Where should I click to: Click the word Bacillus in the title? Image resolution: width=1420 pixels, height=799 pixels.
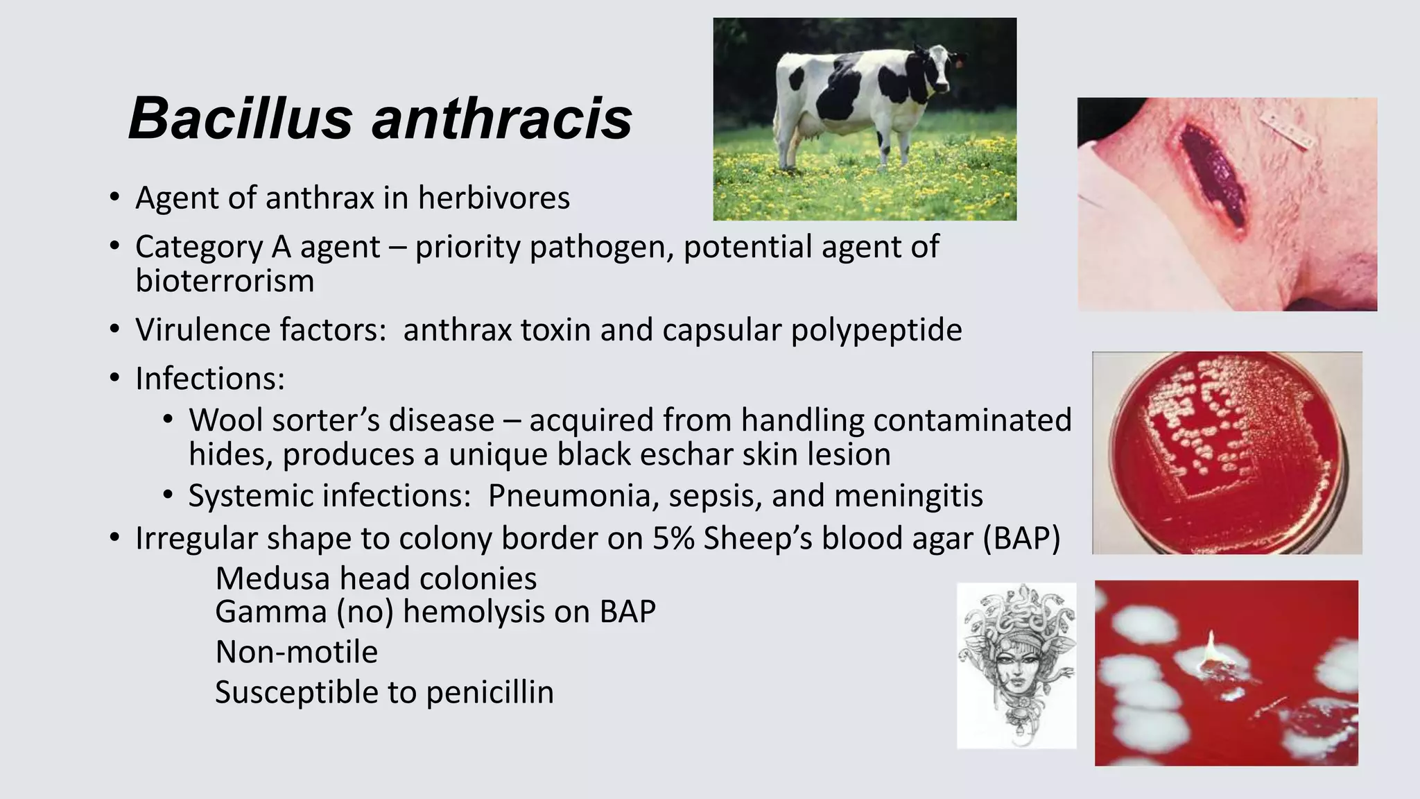click(240, 119)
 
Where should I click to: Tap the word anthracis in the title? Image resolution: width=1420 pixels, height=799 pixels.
click(502, 119)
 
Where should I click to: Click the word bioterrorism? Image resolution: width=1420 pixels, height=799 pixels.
click(225, 282)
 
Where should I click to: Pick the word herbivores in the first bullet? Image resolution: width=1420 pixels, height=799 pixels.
click(493, 198)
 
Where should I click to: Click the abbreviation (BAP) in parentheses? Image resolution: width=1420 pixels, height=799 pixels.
click(1021, 539)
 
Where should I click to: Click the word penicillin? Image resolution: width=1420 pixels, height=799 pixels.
click(490, 693)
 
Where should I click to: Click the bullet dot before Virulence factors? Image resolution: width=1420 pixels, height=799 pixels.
click(114, 330)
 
